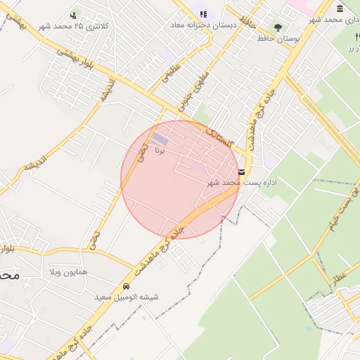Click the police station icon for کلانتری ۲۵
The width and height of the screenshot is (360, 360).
(x=74, y=15)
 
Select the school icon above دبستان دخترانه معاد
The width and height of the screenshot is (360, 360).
(x=203, y=14)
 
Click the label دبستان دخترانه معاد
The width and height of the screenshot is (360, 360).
(x=201, y=25)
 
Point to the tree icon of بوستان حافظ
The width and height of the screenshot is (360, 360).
(x=278, y=27)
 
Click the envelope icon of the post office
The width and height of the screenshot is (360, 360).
(x=242, y=172)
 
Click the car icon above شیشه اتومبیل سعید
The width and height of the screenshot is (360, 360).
(x=126, y=287)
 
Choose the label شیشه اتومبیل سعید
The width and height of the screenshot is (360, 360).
(x=127, y=297)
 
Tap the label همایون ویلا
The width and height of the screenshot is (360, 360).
(x=68, y=271)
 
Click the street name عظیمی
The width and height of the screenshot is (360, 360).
(x=172, y=74)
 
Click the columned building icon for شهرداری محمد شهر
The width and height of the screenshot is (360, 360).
(x=340, y=8)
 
